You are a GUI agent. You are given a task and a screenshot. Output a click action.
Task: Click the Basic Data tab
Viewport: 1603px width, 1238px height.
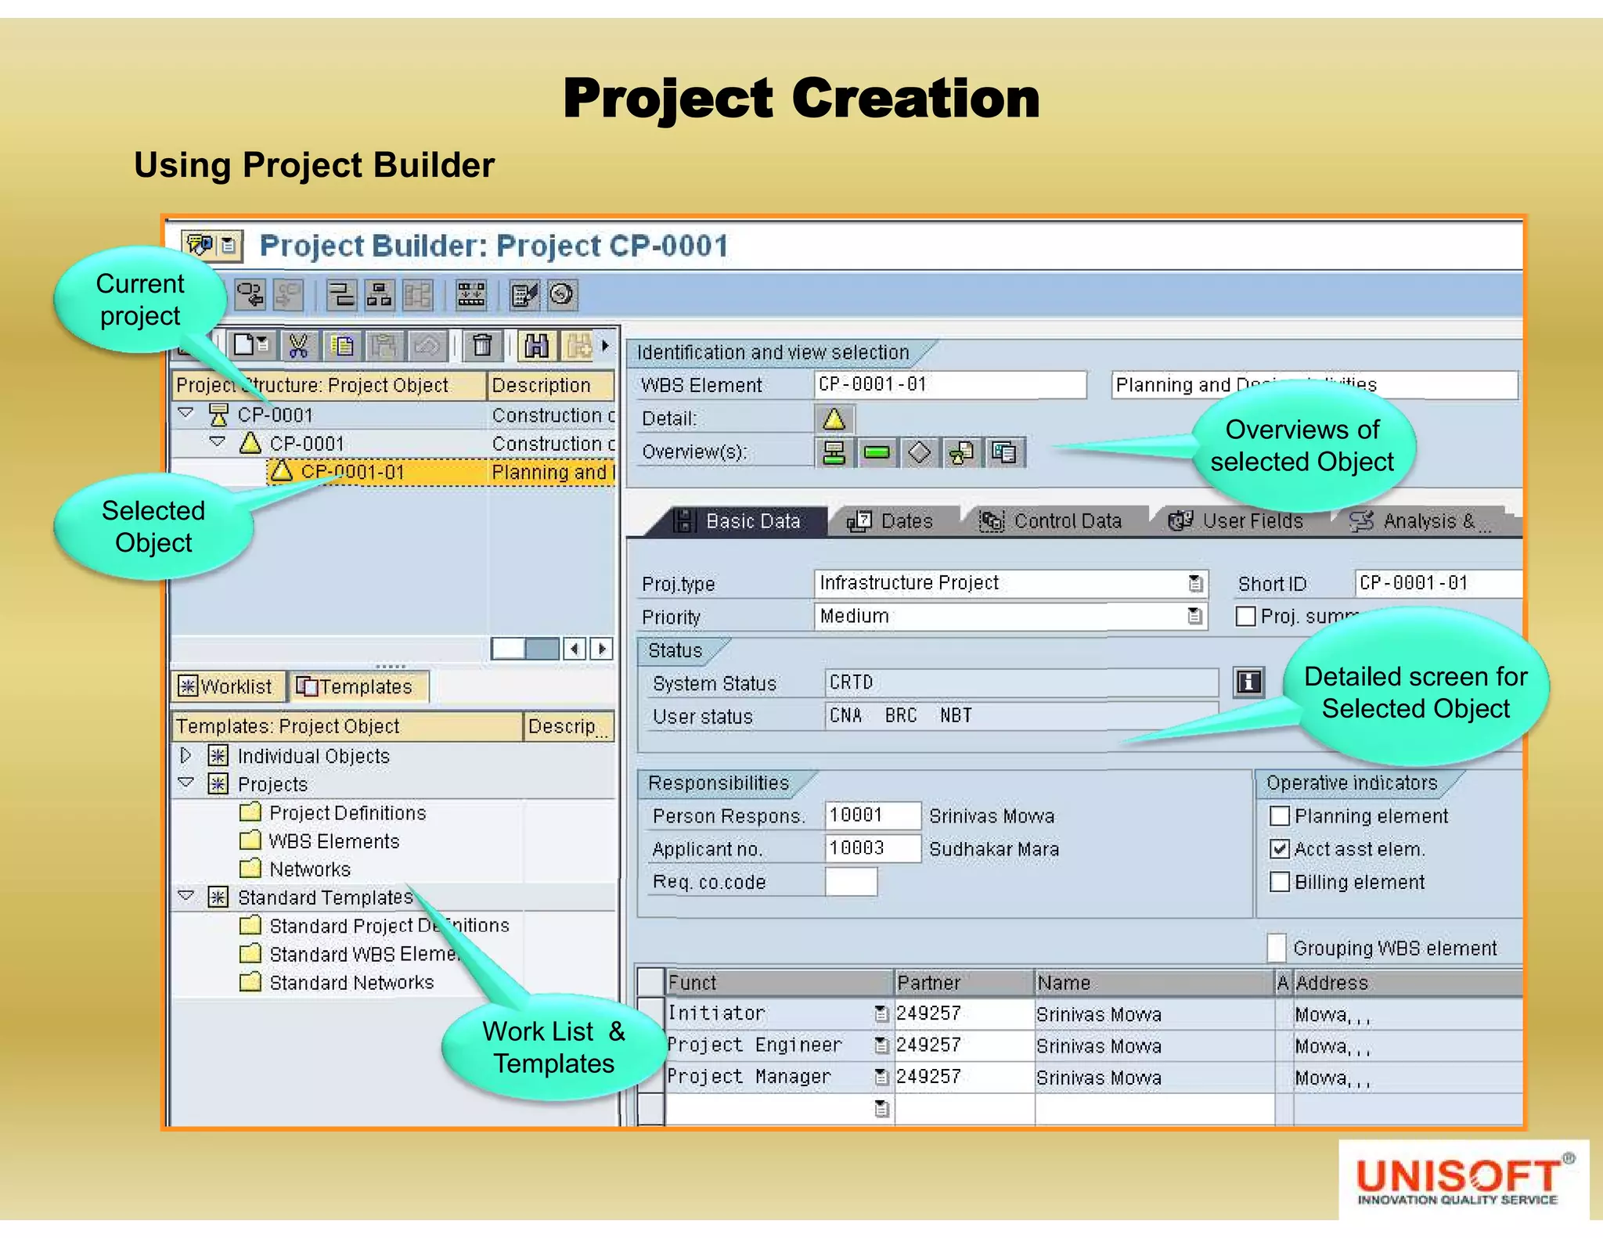click(x=739, y=521)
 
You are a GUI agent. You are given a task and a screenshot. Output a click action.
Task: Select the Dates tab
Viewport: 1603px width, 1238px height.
click(x=892, y=521)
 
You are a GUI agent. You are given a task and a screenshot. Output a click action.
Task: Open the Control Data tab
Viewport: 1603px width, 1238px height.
click(x=1052, y=521)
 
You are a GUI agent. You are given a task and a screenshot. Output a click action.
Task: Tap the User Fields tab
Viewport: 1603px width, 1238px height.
click(x=1237, y=521)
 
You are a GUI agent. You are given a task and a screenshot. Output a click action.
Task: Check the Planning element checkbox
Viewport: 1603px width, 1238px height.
click(x=1280, y=816)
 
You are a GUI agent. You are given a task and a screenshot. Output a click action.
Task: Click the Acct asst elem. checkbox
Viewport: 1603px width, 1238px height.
click(x=1280, y=849)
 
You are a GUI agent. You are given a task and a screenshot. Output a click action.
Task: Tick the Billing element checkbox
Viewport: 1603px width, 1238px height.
click(x=1280, y=882)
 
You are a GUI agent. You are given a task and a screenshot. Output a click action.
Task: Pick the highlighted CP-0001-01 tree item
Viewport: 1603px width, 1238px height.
click(x=353, y=472)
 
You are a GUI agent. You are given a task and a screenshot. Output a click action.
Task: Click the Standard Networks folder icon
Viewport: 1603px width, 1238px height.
click(x=250, y=982)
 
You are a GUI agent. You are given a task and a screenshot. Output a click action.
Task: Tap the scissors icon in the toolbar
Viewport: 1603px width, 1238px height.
click(x=298, y=345)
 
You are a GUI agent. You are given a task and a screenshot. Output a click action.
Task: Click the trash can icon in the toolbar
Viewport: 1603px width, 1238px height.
click(x=482, y=345)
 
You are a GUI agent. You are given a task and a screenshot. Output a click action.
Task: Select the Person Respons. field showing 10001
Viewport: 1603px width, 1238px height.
click(x=871, y=815)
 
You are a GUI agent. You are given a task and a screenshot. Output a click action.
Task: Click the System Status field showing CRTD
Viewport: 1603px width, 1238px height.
click(x=1019, y=682)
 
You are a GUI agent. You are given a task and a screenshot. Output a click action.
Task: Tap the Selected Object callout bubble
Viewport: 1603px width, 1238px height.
click(x=153, y=527)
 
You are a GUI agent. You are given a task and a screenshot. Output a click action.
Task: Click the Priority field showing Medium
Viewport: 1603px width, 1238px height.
click(x=1009, y=616)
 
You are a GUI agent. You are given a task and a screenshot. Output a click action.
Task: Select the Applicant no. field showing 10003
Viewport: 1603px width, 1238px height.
click(x=871, y=848)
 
